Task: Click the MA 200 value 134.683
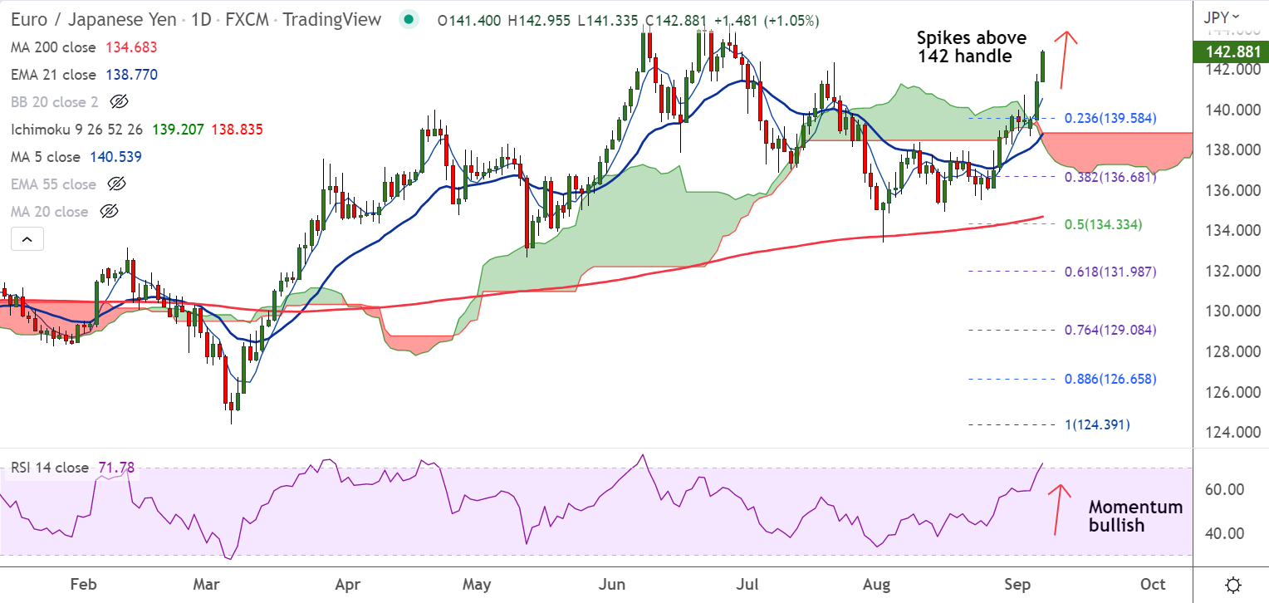131,47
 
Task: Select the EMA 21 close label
53,75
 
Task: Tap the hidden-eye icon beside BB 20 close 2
119,102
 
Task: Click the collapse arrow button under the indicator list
27,240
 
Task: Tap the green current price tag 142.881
1230,52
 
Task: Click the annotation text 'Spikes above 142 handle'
971,47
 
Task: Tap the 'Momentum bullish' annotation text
1135,516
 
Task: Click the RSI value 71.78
115,468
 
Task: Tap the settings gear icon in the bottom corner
1233,584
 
